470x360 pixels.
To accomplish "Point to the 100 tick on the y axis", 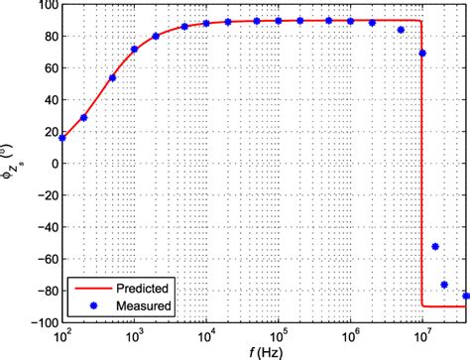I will [46, 6].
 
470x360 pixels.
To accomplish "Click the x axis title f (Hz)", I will [263, 351].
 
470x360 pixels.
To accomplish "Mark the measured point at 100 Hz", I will [62, 138].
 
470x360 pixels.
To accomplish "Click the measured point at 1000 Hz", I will [135, 49].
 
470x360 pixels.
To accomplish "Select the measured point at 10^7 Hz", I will [423, 54].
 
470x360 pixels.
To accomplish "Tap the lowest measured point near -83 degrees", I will [465, 296].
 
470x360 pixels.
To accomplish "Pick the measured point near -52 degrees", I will [434, 247].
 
